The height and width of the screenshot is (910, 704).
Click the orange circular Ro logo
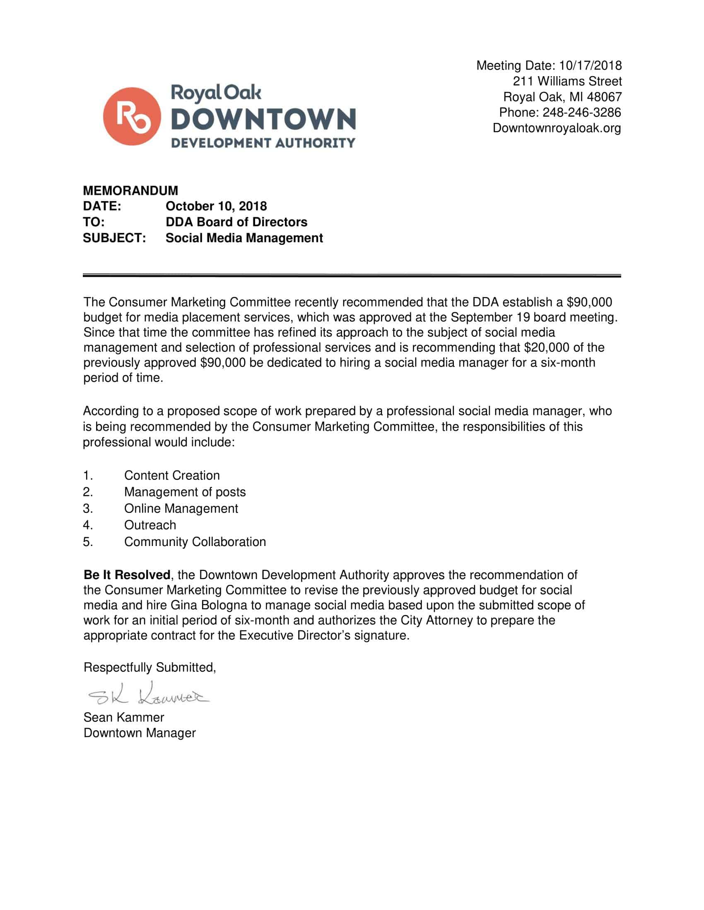tap(132, 116)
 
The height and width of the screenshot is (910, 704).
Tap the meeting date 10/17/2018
tap(590, 65)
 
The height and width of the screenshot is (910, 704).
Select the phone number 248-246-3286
tap(581, 113)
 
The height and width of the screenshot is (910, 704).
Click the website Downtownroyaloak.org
tap(557, 128)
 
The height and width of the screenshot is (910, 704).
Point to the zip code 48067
tap(604, 97)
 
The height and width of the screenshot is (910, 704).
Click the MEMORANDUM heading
tap(130, 190)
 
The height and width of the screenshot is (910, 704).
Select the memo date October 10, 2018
tap(216, 206)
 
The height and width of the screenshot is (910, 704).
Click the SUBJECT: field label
tap(114, 238)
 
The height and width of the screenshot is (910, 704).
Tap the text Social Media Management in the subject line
tap(244, 238)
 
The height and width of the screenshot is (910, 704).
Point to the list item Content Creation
tap(172, 475)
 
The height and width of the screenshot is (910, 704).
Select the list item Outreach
tap(150, 525)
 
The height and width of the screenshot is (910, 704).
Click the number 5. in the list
tap(87, 542)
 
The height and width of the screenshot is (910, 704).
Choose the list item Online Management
tap(181, 508)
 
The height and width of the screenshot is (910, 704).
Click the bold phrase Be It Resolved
tap(127, 575)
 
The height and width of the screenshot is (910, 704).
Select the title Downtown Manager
tap(140, 733)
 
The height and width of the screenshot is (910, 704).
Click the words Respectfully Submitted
tap(149, 668)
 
